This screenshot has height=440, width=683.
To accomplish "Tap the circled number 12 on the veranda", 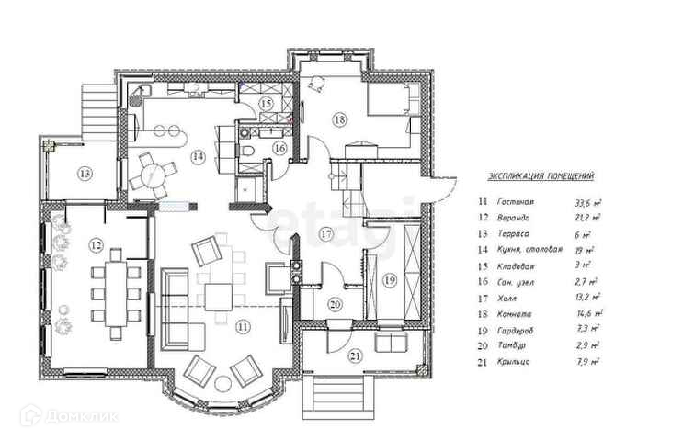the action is (x=96, y=245).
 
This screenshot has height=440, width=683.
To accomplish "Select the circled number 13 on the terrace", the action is (x=84, y=173).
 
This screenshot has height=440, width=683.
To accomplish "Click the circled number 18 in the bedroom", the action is (x=339, y=119).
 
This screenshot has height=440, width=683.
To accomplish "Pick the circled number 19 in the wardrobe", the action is (x=390, y=279).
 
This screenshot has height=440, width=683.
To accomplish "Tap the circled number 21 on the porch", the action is (x=355, y=355).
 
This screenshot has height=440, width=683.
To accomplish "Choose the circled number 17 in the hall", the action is (x=325, y=235).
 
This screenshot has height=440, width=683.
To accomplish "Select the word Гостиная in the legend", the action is (x=517, y=201).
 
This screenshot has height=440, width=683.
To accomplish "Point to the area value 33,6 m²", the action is (x=586, y=201).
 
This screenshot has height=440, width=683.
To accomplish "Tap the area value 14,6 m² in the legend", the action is (x=586, y=313).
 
